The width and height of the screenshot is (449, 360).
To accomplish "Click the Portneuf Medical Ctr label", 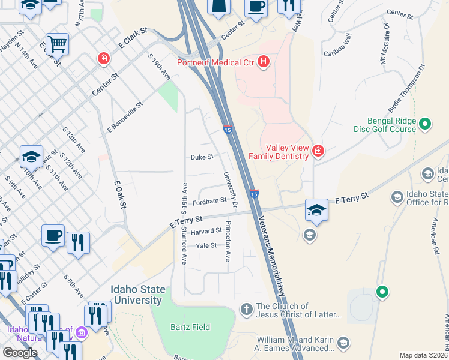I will tap(215, 62).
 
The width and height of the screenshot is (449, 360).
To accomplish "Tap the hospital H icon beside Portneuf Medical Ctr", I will tap(262, 62).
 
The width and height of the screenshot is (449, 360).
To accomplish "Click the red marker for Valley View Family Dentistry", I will tap(318, 151).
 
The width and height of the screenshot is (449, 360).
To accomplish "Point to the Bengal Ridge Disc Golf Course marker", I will tap(425, 124).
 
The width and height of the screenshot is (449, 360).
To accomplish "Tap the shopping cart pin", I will tap(57, 44).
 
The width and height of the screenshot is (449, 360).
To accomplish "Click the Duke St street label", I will tap(202, 157).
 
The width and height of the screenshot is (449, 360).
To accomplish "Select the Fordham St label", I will tap(208, 201).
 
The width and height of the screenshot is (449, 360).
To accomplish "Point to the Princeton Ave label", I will tap(228, 241).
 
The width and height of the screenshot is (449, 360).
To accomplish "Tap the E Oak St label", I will tap(118, 196).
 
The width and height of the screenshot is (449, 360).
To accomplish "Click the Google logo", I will tap(20, 353).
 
